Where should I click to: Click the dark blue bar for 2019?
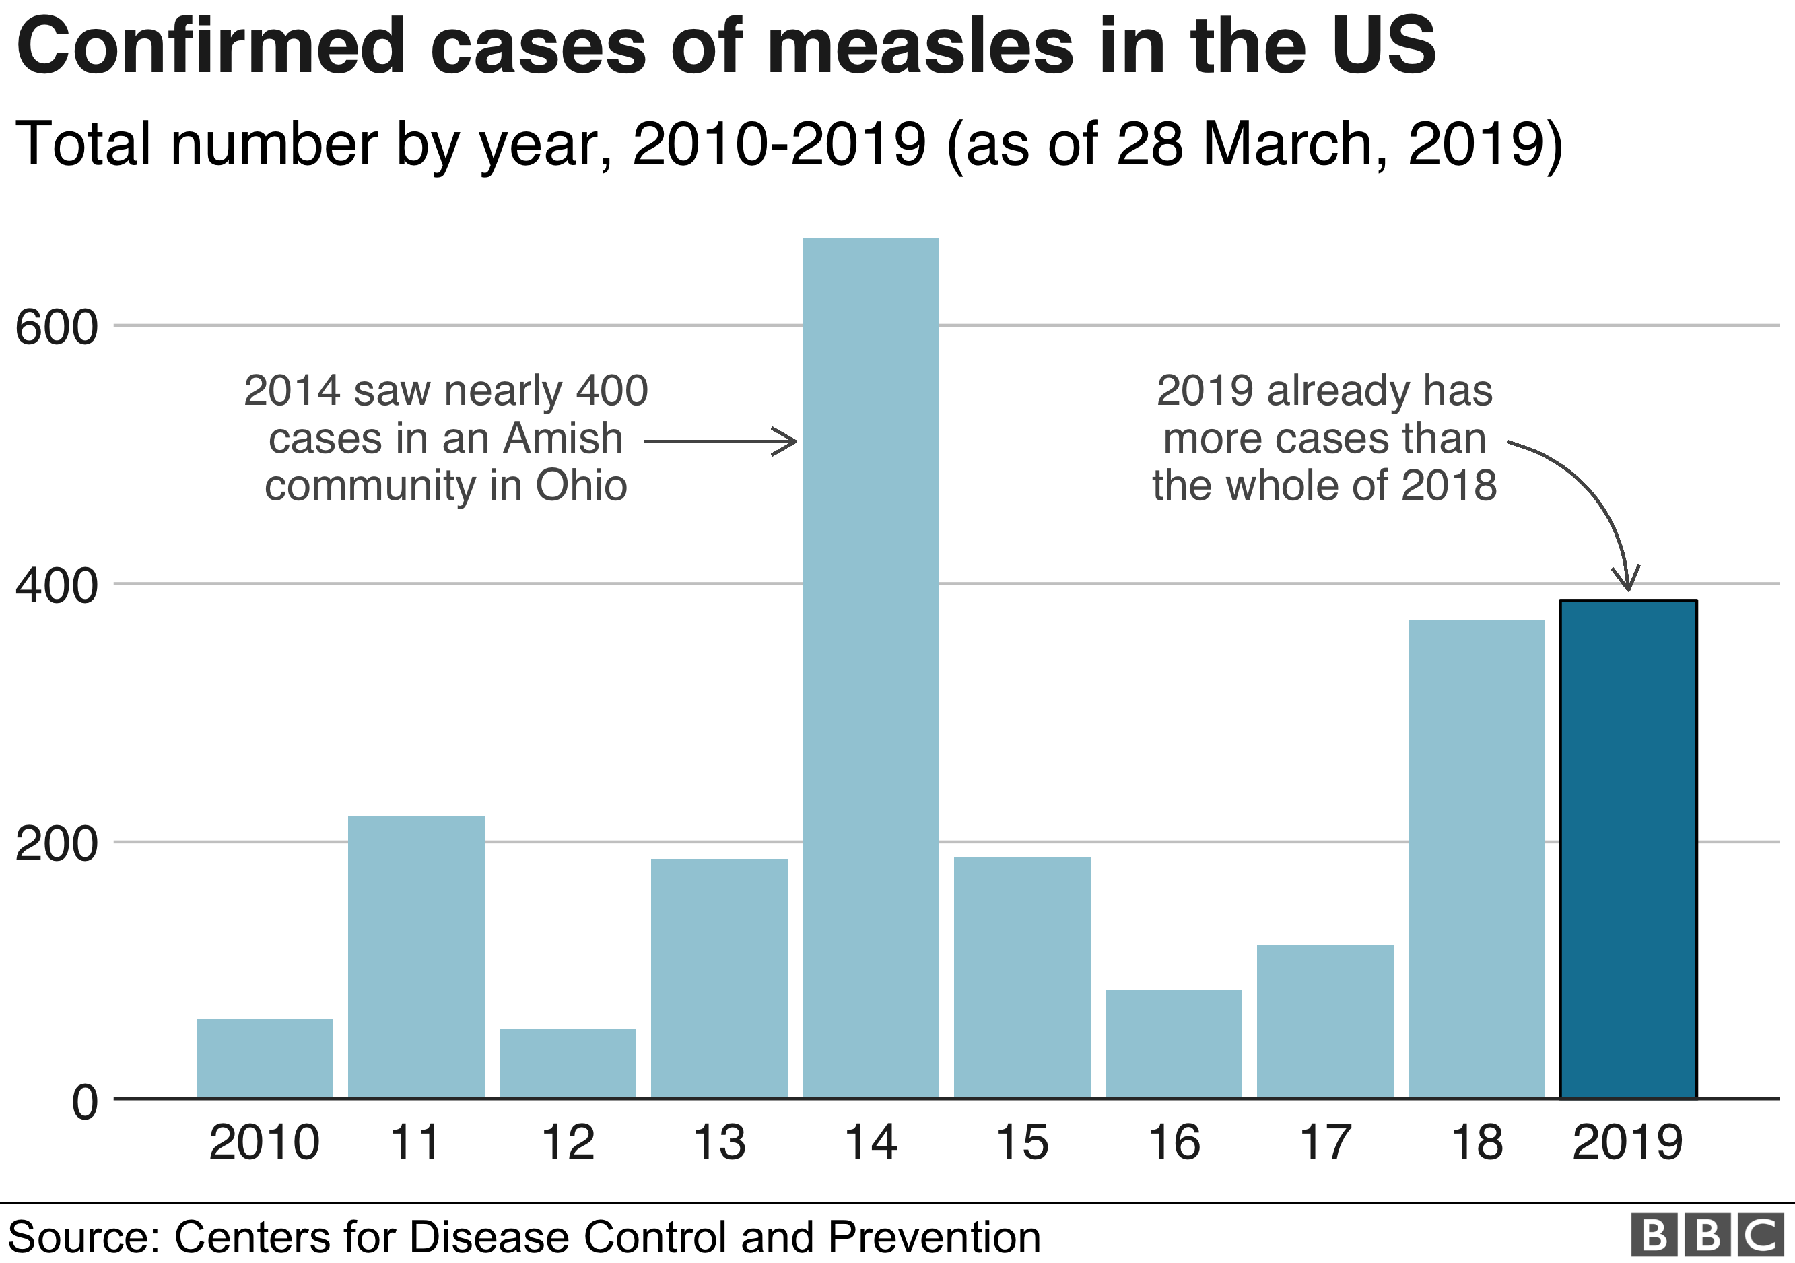click(x=1628, y=849)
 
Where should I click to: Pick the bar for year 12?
click(x=568, y=1064)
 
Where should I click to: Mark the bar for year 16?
click(x=1174, y=1043)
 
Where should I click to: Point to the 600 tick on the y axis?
click(x=57, y=327)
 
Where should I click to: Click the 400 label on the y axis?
click(x=57, y=585)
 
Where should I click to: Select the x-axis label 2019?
click(x=1627, y=1142)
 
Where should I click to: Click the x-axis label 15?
click(x=1022, y=1142)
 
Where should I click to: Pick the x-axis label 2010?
click(x=264, y=1142)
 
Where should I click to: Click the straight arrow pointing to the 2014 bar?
click(x=719, y=442)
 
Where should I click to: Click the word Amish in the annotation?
click(x=563, y=438)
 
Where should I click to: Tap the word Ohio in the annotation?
click(x=581, y=486)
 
